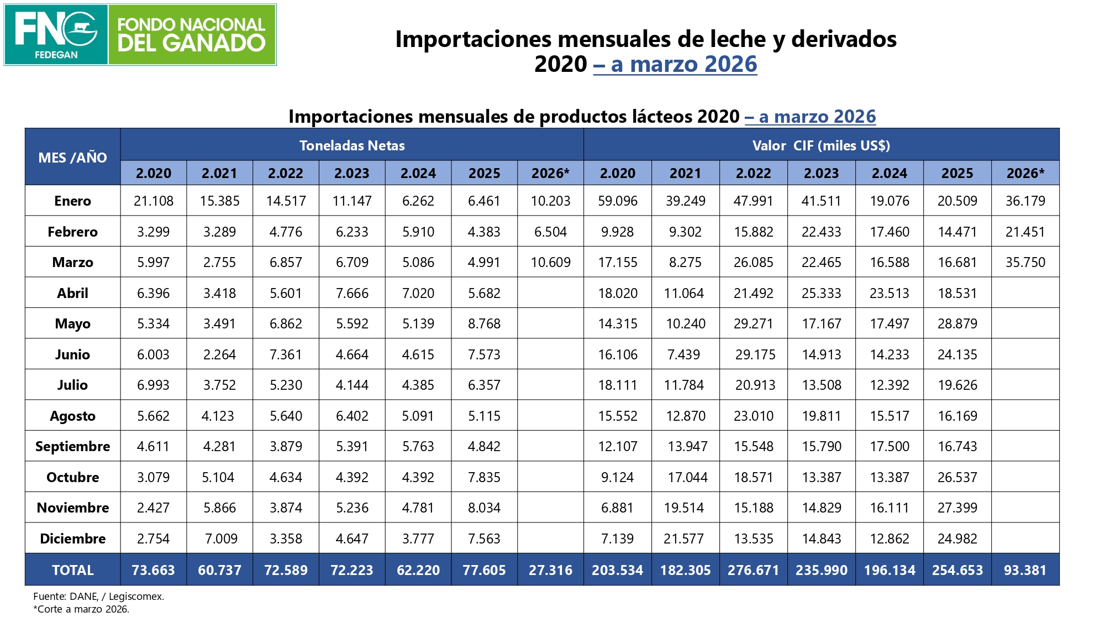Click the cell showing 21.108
tap(153, 201)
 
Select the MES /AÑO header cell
tap(72, 157)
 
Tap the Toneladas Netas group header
tap(352, 145)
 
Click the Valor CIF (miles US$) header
tap(822, 145)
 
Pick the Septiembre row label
tap(72, 446)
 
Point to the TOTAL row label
tap(72, 570)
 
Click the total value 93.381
tap(1025, 570)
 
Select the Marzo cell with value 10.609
tap(550, 262)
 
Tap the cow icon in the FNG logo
tap(81, 27)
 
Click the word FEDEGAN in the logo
tap(56, 55)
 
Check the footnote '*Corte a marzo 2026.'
tap(81, 609)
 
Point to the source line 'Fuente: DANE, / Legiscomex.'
tap(98, 597)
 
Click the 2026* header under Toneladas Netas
tap(550, 173)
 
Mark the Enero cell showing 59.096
tap(618, 201)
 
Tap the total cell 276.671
tap(754, 570)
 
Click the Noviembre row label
tap(72, 508)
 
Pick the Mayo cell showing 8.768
tap(484, 323)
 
